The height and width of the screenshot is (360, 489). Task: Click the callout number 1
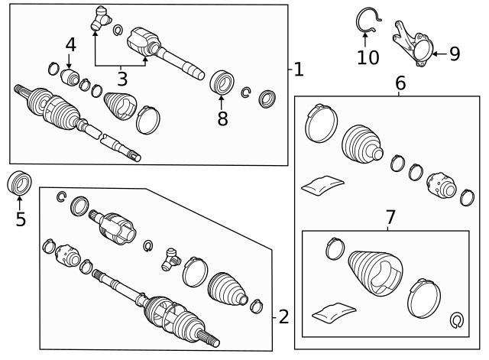pyautogui.click(x=298, y=70)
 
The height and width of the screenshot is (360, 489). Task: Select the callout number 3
pyautogui.click(x=121, y=77)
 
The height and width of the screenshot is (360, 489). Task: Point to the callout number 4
pyautogui.click(x=70, y=44)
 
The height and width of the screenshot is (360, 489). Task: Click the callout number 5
pyautogui.click(x=21, y=219)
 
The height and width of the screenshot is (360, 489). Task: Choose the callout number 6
pyautogui.click(x=400, y=83)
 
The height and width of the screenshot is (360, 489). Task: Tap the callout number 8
pyautogui.click(x=222, y=118)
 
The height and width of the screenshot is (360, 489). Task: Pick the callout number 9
pyautogui.click(x=454, y=54)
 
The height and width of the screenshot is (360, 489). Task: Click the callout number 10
pyautogui.click(x=368, y=57)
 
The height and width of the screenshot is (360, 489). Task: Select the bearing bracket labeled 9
pyautogui.click(x=413, y=43)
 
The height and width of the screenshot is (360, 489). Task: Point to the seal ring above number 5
pyautogui.click(x=19, y=184)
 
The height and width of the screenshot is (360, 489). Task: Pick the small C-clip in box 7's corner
pyautogui.click(x=458, y=319)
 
